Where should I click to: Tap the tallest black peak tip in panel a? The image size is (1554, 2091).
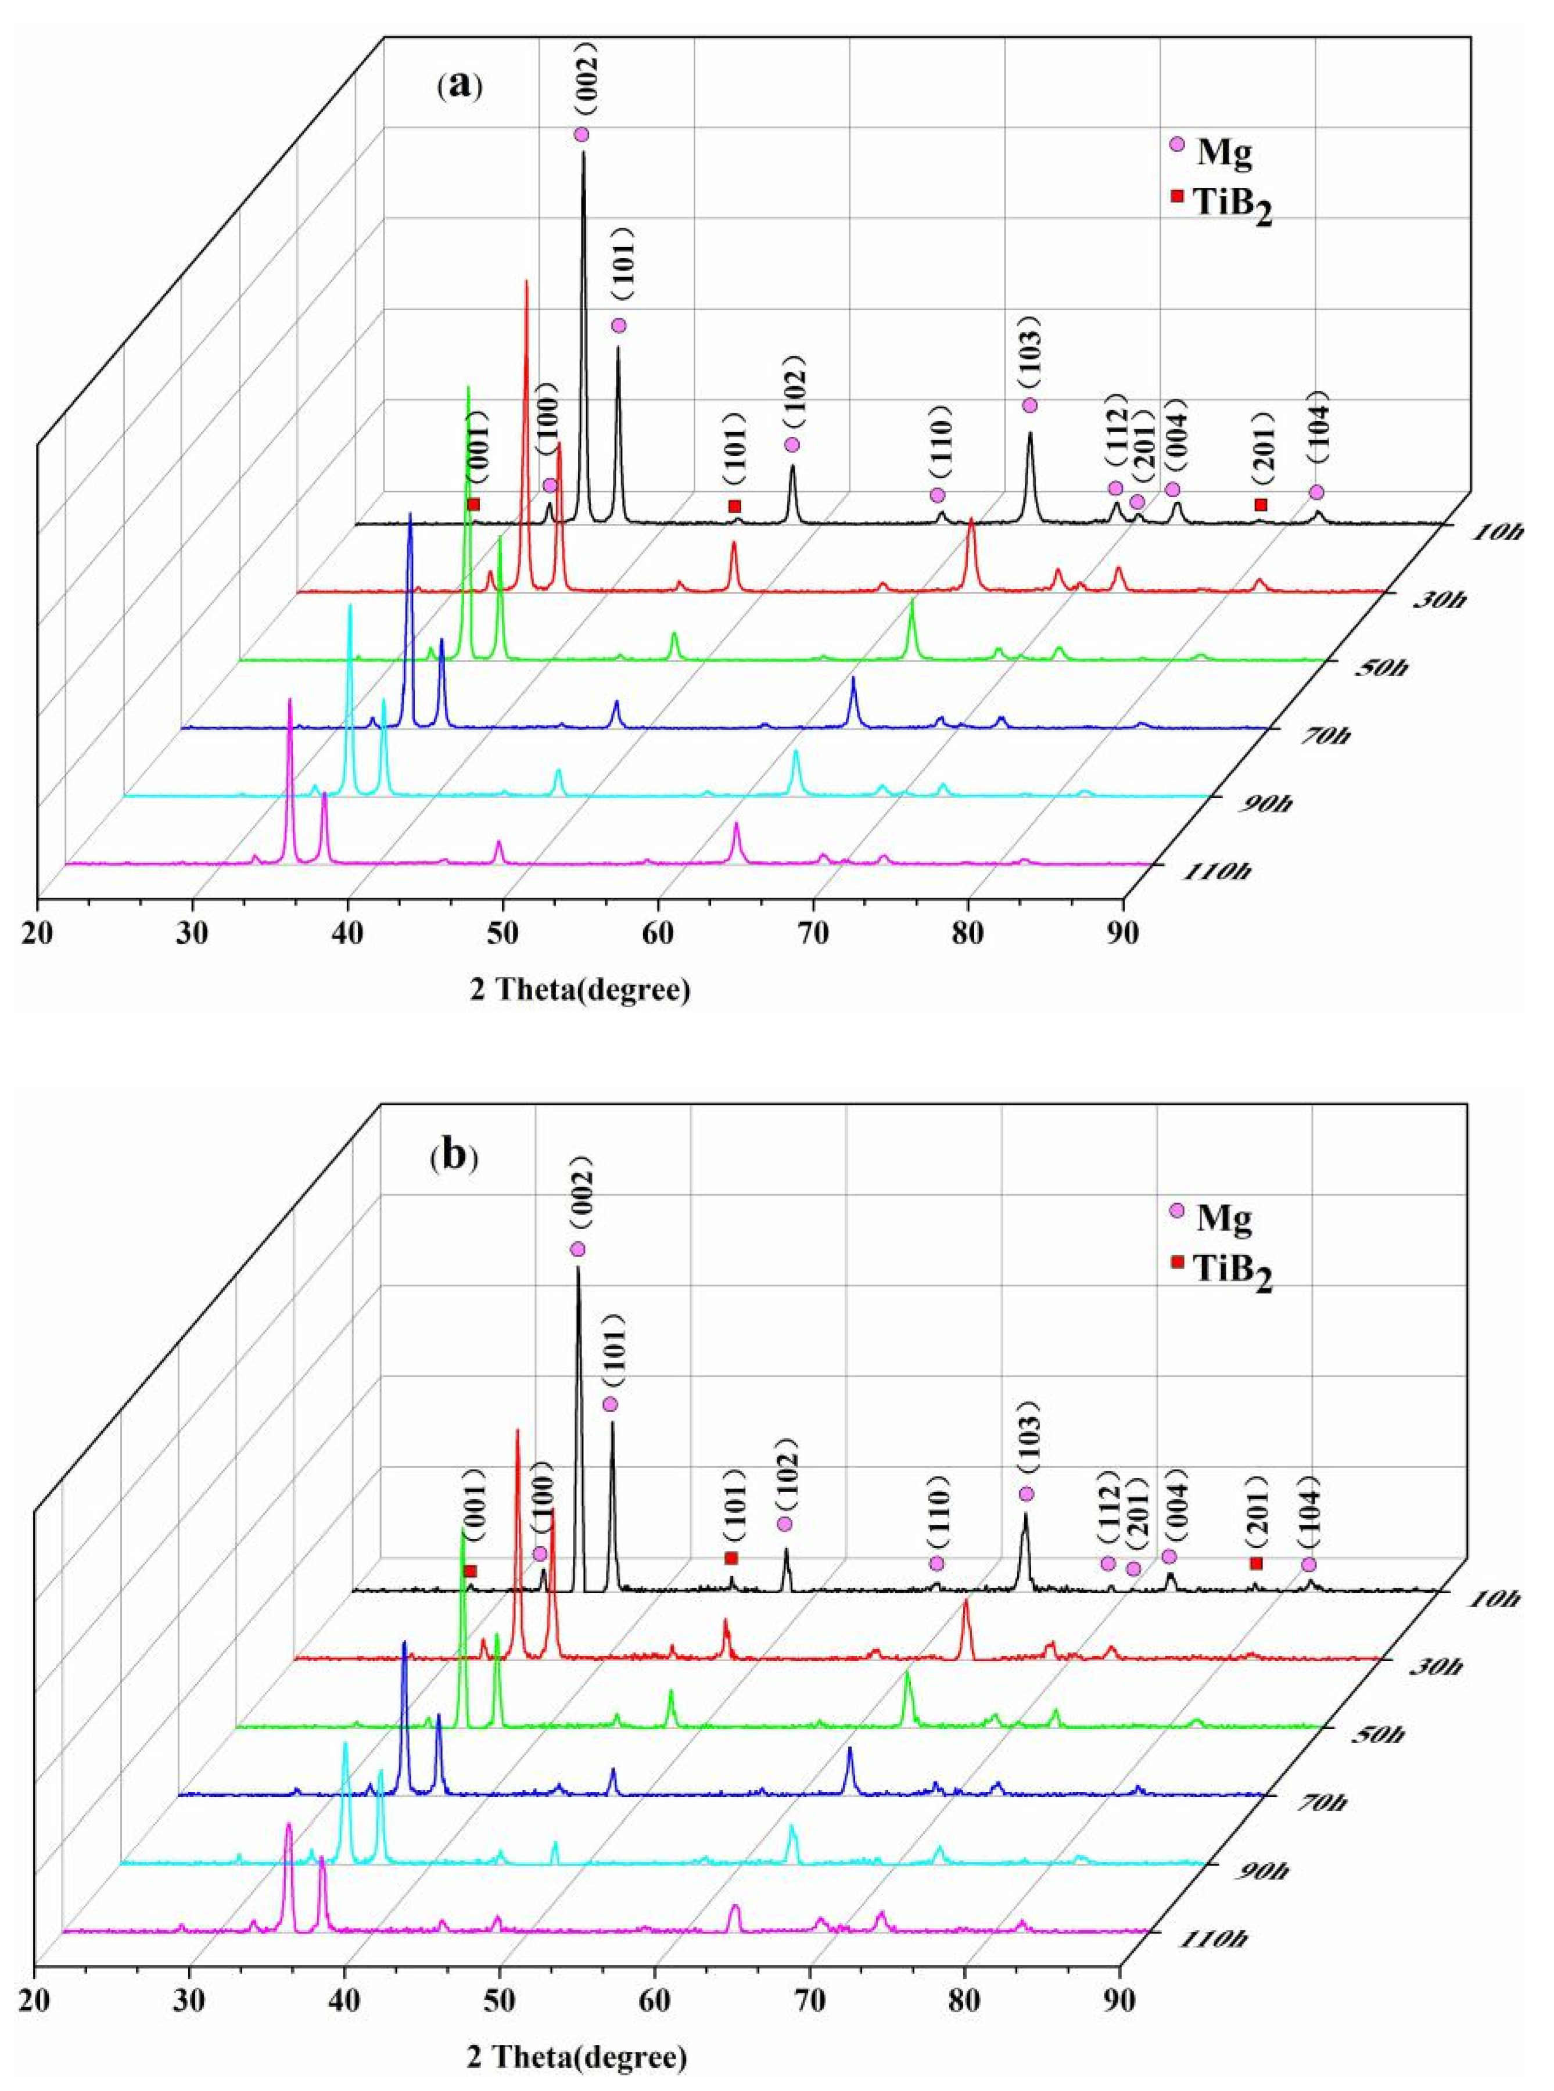583,152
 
